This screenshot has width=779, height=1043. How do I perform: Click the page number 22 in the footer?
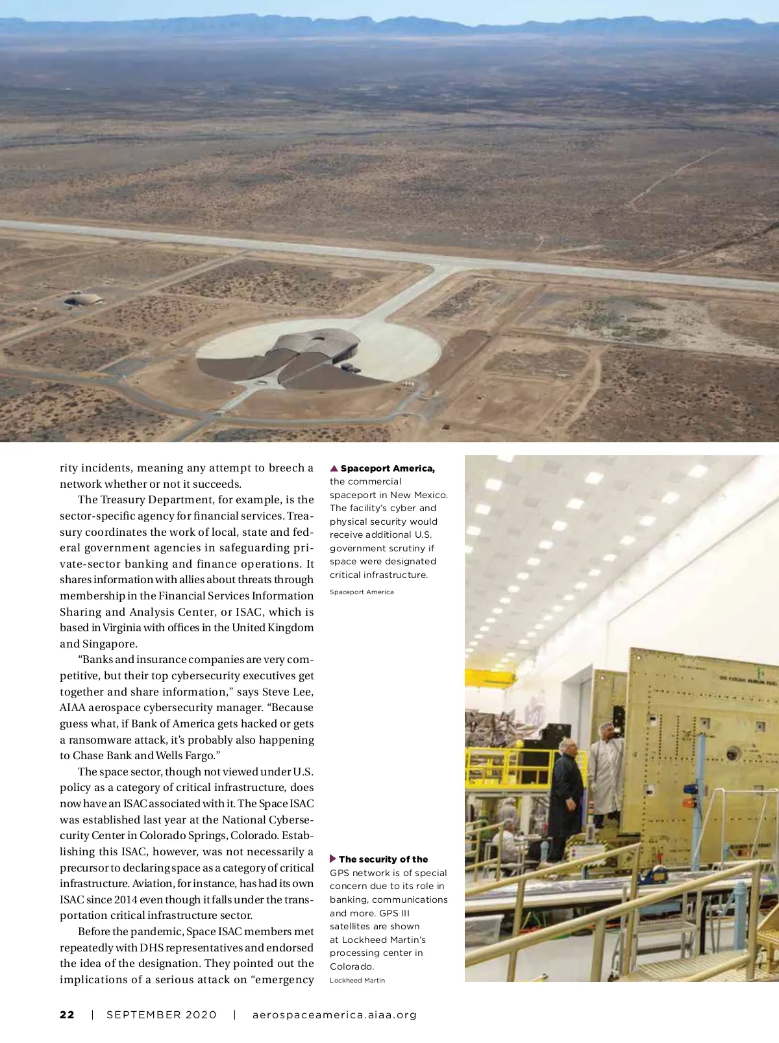(67, 1014)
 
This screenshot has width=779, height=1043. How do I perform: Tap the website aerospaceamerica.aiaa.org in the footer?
(334, 1014)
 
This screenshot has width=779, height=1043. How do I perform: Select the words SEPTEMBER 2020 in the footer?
(162, 1014)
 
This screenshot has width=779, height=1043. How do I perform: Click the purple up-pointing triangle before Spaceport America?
(334, 468)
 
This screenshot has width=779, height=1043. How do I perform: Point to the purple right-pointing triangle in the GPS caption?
(333, 859)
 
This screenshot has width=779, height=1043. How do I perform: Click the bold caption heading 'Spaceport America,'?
(388, 468)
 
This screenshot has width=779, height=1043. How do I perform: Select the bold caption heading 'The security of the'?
(383, 859)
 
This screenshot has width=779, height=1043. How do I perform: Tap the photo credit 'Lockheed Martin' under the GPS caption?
(357, 981)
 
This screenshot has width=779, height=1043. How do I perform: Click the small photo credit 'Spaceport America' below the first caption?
(362, 592)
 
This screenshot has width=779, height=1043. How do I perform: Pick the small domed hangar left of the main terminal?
(84, 300)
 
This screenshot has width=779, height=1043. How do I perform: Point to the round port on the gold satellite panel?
(734, 753)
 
